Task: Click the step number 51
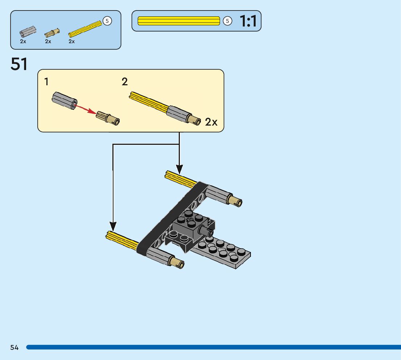(x=19, y=64)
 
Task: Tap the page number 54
(x=15, y=348)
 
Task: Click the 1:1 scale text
(x=248, y=21)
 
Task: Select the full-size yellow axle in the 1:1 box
(x=179, y=21)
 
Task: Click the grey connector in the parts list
(x=27, y=32)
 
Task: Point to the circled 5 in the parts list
(x=107, y=21)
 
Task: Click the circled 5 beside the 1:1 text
(x=227, y=21)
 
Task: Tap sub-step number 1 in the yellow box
(x=46, y=82)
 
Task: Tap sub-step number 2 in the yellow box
(x=125, y=82)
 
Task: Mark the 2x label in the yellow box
(x=211, y=122)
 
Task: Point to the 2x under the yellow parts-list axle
(x=72, y=41)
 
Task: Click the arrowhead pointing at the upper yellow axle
(x=179, y=169)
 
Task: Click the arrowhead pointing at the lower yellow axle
(x=113, y=226)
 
